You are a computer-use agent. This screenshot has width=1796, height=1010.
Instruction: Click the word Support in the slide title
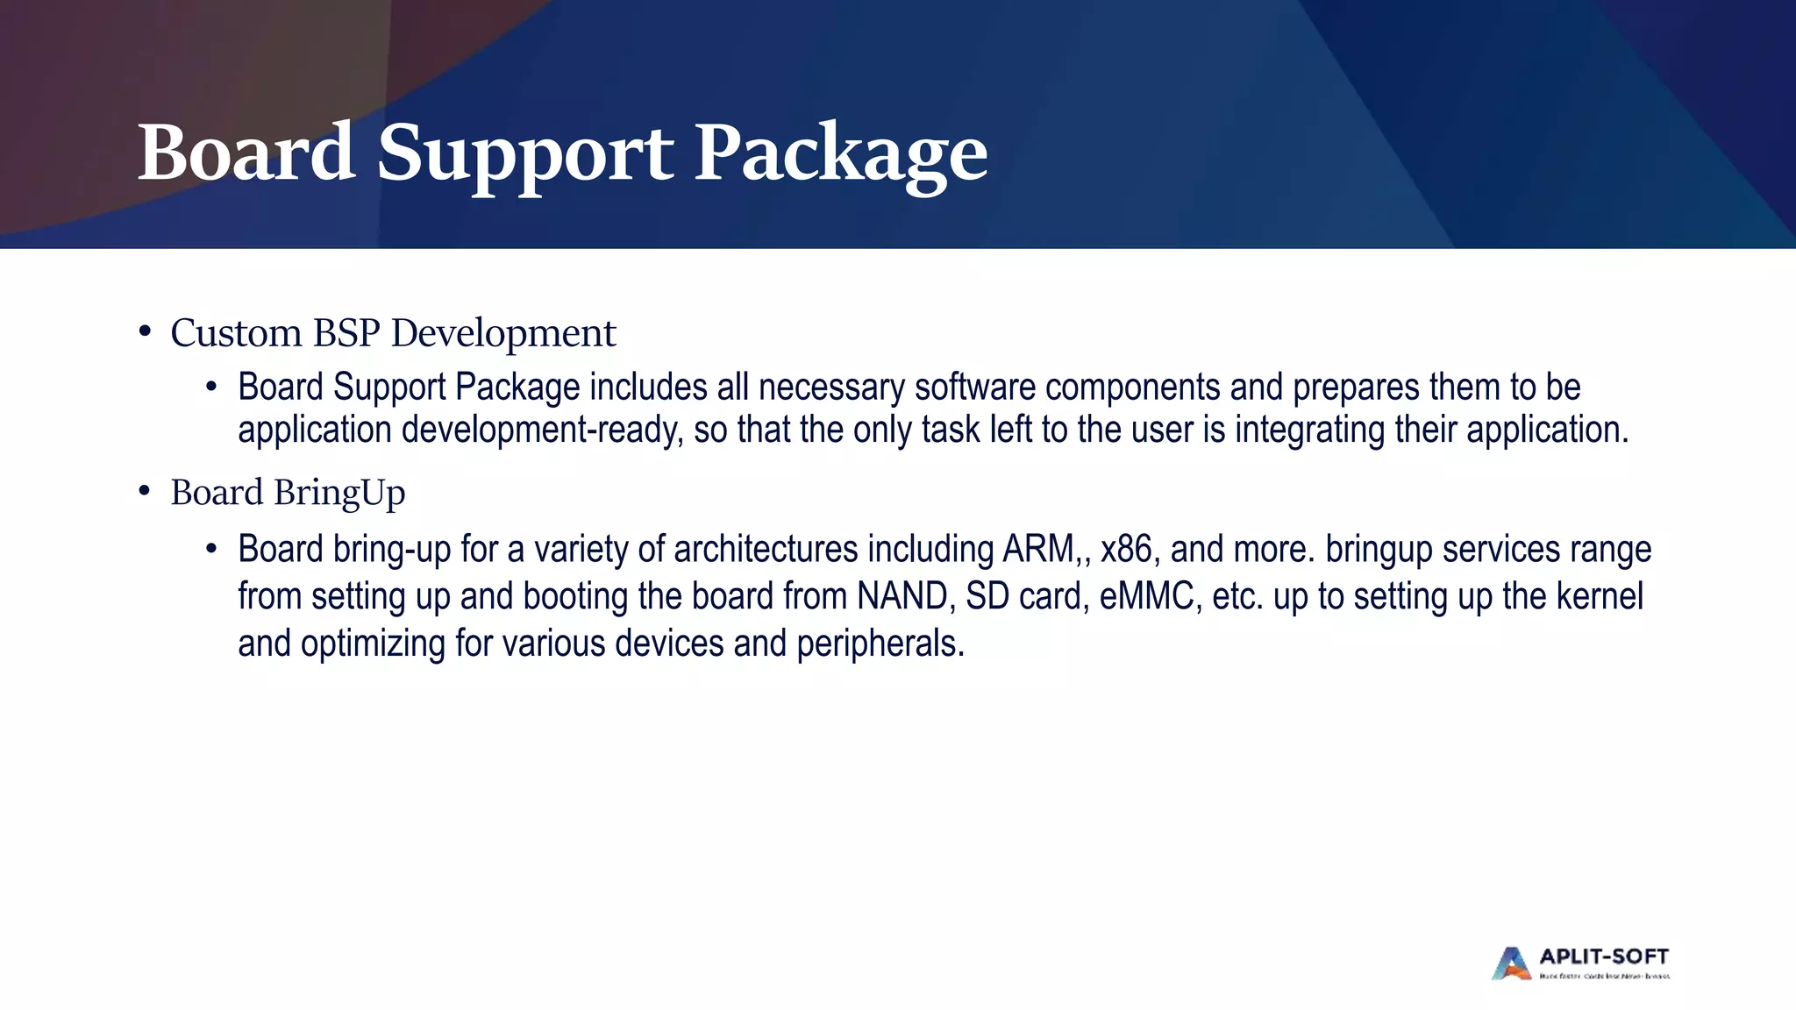(524, 154)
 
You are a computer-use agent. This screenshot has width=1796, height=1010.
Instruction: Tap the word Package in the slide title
(840, 154)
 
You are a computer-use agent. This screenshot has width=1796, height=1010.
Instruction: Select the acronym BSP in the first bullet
(346, 333)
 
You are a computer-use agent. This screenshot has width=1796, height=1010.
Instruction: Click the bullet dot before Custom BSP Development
(145, 332)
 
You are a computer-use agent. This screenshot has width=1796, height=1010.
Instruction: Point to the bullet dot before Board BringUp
(145, 492)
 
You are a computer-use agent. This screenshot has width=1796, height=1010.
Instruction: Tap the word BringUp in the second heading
(339, 493)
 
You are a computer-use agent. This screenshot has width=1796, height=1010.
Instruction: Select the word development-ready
(542, 430)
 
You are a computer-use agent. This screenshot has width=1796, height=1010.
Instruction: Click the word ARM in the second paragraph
(1038, 550)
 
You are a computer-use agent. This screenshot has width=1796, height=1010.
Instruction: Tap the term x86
(1126, 550)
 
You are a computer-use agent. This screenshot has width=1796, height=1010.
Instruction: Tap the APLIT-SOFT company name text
(1604, 957)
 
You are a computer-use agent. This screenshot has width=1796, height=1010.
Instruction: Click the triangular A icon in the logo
(1511, 964)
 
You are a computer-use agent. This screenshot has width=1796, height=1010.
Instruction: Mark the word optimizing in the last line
(373, 644)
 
